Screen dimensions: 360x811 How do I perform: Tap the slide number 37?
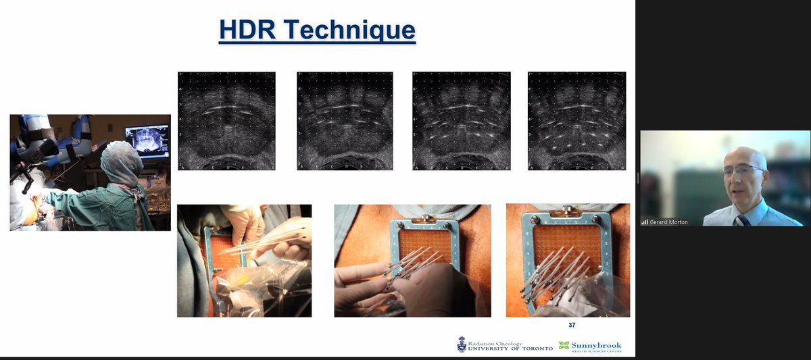coord(572,325)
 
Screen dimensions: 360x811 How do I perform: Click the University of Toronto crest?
coord(462,344)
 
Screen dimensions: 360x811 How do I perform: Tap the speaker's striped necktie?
coord(743,219)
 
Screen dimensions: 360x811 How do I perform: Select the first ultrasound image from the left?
coord(226,121)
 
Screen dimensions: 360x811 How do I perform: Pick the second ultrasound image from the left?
coord(345,121)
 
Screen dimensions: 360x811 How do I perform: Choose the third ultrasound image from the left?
coord(462,121)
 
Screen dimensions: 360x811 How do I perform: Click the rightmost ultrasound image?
coord(576,121)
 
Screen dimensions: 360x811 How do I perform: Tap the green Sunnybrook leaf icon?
coord(564,345)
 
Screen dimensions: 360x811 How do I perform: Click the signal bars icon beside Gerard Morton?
coord(645,221)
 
